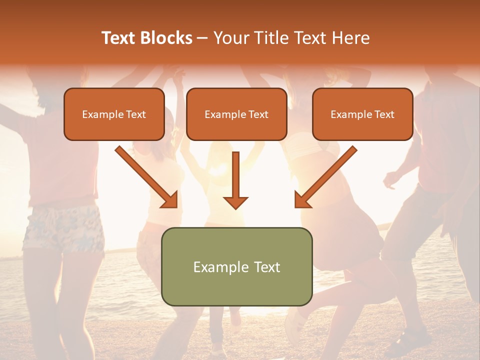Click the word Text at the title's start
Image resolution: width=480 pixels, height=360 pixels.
click(119, 38)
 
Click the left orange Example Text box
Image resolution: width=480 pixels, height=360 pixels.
click(114, 114)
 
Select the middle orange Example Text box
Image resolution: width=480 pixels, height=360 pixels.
click(236, 114)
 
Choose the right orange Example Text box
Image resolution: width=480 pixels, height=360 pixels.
click(362, 114)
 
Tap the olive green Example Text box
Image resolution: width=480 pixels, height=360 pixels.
click(236, 266)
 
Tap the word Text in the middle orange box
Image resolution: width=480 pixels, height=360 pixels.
click(258, 114)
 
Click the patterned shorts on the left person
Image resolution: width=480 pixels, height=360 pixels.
click(62, 227)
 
